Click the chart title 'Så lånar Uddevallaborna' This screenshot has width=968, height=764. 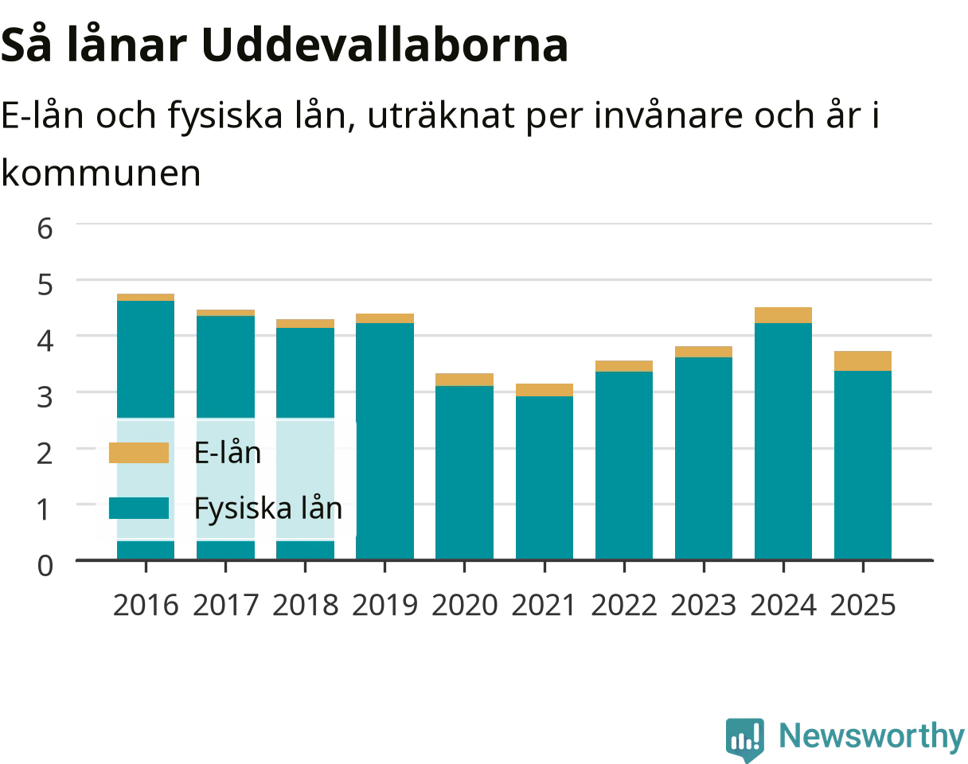[284, 45]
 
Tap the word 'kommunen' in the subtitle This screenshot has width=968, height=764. [101, 173]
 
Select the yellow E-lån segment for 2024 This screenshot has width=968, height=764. [783, 315]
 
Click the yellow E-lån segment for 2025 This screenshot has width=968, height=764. [863, 361]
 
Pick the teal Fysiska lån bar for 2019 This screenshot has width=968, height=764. [384, 441]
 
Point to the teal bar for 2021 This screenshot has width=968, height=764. [544, 477]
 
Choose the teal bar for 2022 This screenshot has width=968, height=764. [624, 466]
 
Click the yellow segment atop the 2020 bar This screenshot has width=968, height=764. [464, 380]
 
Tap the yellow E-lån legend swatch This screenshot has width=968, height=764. [139, 452]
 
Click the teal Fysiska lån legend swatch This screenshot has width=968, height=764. [139, 508]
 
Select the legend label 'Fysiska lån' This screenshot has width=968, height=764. [268, 509]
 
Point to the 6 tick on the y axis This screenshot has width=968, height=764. [45, 228]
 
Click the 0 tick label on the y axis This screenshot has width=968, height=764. [45, 566]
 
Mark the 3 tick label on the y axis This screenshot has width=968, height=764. [45, 397]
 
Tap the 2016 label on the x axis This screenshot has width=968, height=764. [146, 605]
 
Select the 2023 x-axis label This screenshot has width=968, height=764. [704, 605]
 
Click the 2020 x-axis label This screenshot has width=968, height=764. [464, 605]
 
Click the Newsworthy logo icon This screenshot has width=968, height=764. [745, 739]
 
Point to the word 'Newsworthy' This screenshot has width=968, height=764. [872, 735]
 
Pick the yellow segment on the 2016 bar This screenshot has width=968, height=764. [146, 297]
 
